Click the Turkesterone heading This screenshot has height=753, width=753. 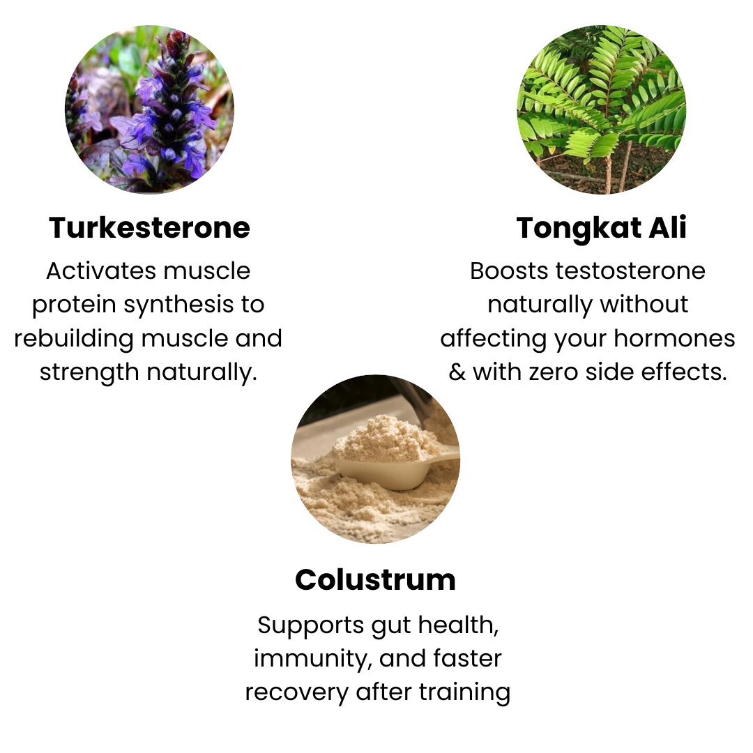149,227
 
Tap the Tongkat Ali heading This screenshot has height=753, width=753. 601,228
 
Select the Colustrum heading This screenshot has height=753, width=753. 376,579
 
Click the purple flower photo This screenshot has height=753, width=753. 149,109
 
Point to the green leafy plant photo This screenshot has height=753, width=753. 601,109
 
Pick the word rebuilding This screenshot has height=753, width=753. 74,339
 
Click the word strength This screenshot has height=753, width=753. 89,372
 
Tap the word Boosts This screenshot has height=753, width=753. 509,271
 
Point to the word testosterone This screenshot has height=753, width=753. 630,271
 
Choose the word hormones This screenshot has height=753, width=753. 674,339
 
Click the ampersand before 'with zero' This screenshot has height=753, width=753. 457,372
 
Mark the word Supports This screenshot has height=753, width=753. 311,626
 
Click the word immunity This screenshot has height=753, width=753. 313,659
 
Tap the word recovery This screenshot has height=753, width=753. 297,693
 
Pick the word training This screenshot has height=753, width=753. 464,693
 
